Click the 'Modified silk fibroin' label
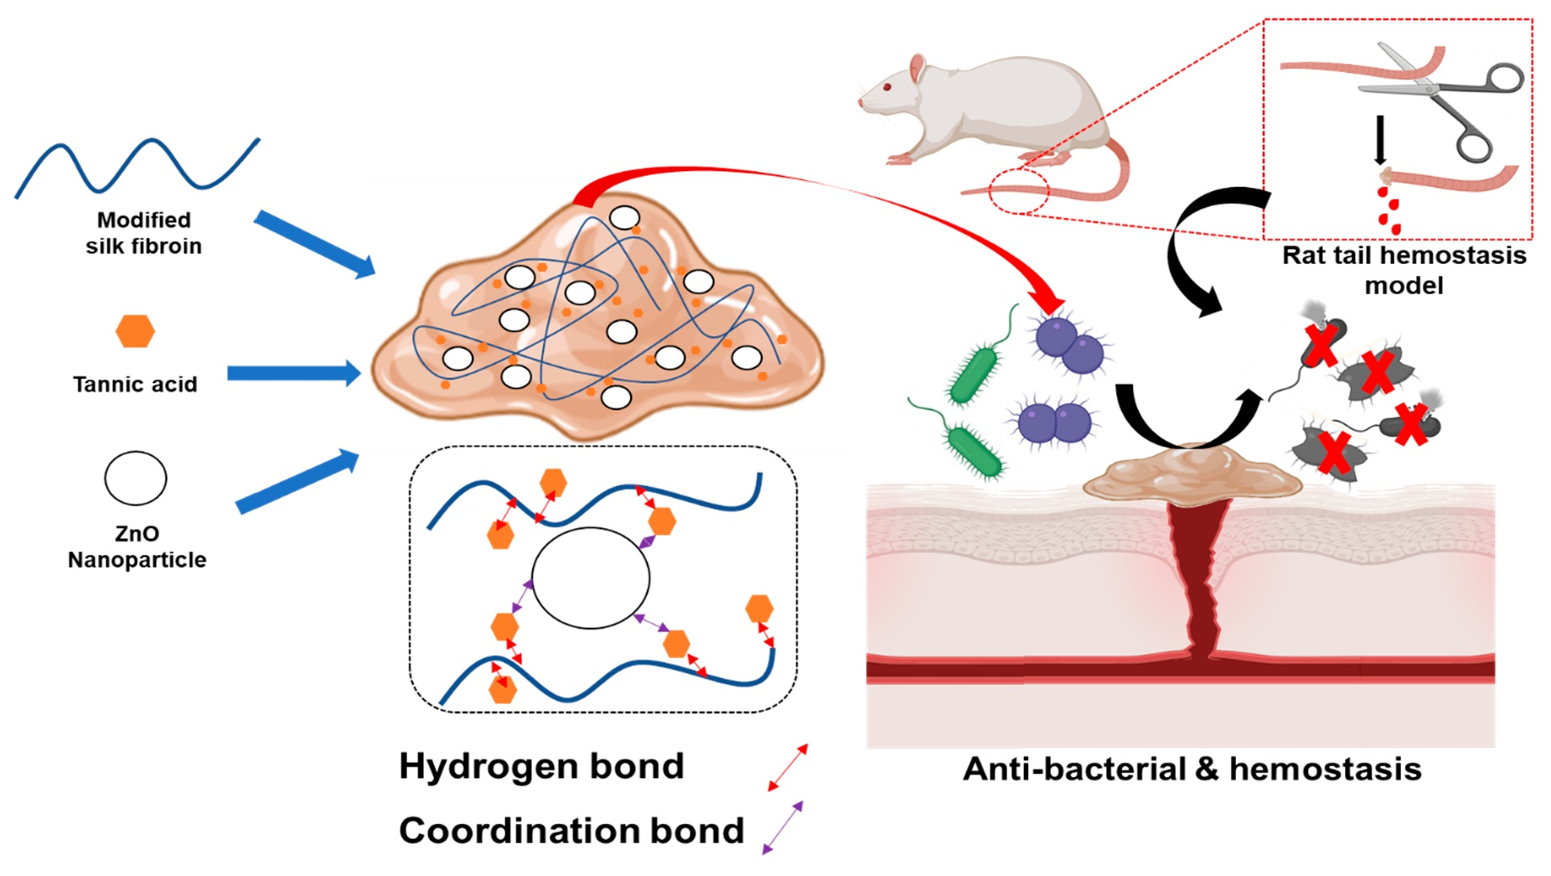tap(143, 232)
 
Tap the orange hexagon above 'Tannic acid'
tap(135, 331)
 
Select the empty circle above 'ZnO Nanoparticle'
tap(136, 479)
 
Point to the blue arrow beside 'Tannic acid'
tap(293, 373)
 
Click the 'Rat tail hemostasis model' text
tap(1404, 269)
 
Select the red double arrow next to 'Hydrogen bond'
tap(788, 766)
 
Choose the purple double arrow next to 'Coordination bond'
tap(783, 827)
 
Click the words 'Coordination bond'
tap(571, 830)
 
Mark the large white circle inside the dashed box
tap(591, 578)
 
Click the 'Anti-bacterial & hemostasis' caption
tap(1192, 768)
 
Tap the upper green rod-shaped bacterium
tap(975, 373)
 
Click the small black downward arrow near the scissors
tap(1380, 139)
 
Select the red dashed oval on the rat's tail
tap(1018, 191)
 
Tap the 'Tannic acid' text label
tap(135, 384)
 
